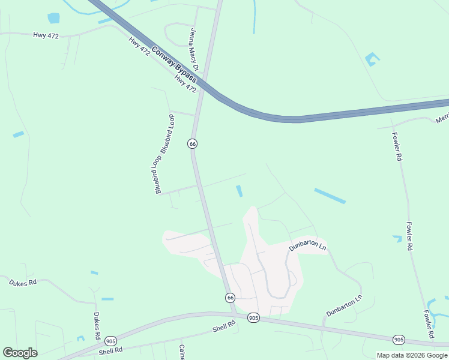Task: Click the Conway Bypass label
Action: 174,65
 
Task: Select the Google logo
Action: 20,353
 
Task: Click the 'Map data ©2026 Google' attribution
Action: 412,355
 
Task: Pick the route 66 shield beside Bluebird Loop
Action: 192,143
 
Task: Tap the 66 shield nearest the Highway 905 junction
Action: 231,298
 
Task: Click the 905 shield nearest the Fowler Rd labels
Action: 399,340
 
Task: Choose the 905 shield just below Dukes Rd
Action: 110,341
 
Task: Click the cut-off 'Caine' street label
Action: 181,352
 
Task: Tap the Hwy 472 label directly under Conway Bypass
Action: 185,84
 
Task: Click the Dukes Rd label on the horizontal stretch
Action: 23,282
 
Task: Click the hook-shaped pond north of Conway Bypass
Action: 372,59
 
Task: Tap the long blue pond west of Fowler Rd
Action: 330,196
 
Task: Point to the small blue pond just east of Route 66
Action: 240,191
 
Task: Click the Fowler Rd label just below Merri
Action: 397,146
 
